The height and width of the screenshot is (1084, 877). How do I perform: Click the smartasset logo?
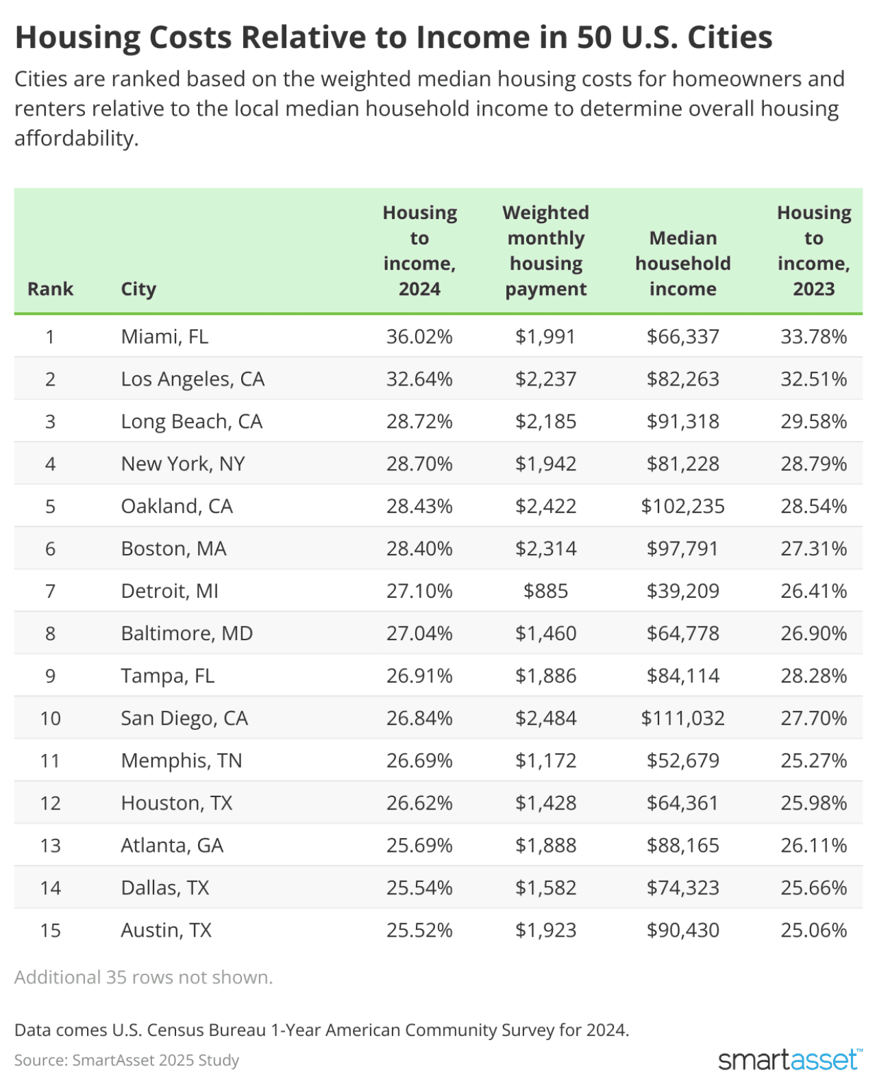click(x=789, y=1059)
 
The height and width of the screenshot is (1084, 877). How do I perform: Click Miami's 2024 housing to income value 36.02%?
click(x=419, y=336)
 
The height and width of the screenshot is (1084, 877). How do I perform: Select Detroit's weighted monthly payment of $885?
click(x=545, y=591)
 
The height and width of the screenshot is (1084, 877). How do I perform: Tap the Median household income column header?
click(x=682, y=264)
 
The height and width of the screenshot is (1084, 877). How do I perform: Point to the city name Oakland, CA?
click(x=177, y=506)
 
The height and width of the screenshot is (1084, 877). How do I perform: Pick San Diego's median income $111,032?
click(x=682, y=718)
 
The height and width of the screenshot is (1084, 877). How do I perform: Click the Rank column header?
click(x=50, y=289)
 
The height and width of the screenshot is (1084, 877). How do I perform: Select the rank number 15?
click(x=50, y=930)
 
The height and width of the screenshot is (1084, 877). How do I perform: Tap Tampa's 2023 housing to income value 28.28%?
click(x=813, y=676)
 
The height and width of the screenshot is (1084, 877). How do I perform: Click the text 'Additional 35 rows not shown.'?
click(x=143, y=977)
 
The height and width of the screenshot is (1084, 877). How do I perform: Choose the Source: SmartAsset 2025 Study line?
click(x=127, y=1060)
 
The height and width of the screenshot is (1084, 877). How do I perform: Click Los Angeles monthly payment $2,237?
click(x=545, y=379)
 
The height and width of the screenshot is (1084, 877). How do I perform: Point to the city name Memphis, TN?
click(x=182, y=761)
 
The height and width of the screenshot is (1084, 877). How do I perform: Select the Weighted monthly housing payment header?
click(x=545, y=251)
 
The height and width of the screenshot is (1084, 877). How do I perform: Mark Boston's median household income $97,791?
click(x=682, y=549)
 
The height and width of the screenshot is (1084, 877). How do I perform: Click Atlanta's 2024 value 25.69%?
click(x=419, y=845)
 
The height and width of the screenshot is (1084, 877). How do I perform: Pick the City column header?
click(x=138, y=289)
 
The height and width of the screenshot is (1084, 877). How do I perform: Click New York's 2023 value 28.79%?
click(x=813, y=464)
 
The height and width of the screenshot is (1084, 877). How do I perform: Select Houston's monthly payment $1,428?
click(x=545, y=803)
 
